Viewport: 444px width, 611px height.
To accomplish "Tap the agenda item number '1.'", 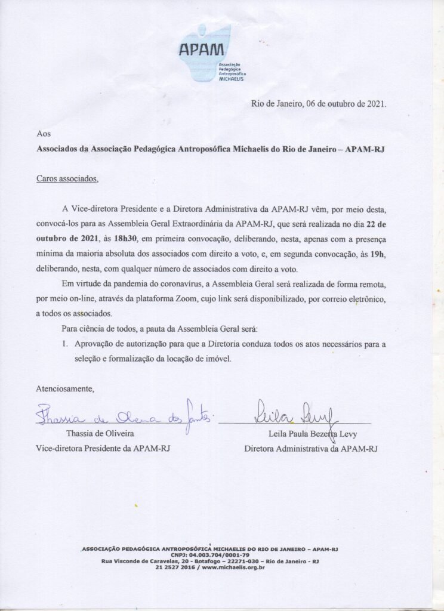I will pyautogui.click(x=66, y=344).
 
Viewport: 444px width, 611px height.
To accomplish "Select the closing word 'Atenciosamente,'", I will pyautogui.click(x=65, y=388).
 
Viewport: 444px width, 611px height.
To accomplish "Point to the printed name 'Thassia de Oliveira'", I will pyautogui.click(x=99, y=434).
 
